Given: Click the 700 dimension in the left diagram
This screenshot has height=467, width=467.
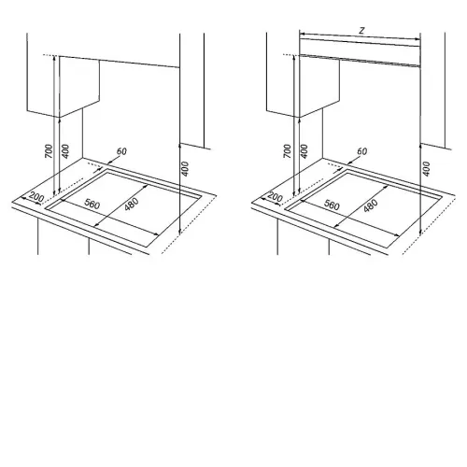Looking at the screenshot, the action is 49,151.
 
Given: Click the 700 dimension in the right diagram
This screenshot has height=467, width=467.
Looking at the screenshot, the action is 288,151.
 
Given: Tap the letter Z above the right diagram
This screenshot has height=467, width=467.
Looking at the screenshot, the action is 361,30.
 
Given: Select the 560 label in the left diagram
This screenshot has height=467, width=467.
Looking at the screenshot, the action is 92,204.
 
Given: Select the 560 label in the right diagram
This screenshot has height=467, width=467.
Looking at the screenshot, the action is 332,205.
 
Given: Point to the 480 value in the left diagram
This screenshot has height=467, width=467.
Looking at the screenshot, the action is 131,204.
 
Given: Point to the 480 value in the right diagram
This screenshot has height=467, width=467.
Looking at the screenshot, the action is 371,205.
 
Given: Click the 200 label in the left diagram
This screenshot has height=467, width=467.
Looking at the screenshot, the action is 36,197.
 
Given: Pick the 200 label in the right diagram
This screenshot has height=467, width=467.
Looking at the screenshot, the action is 276,197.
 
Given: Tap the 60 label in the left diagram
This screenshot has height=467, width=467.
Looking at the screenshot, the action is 121,151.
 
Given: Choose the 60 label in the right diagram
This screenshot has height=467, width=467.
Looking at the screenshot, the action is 361,151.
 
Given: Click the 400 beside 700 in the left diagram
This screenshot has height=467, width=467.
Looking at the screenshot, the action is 65,151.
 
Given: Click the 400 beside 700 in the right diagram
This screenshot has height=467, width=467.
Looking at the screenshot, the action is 304,151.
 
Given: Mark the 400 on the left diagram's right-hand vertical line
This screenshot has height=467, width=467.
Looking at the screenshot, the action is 185,169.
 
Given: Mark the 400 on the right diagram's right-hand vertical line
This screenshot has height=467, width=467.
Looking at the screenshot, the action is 426,169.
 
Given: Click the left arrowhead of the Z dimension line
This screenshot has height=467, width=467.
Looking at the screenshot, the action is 302,34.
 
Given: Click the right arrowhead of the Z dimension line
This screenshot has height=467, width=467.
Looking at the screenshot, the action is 417,39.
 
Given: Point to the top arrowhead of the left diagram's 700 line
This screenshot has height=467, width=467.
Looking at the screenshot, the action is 54,58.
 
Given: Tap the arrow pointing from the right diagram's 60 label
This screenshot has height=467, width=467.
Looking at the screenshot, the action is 353,160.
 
